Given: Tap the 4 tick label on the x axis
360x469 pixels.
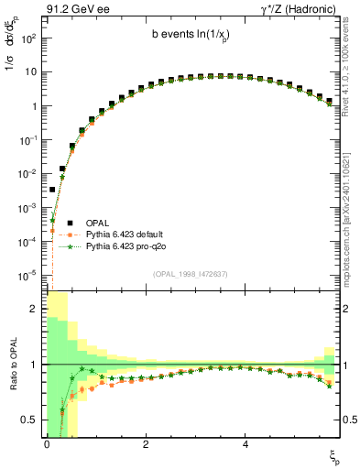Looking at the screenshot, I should tap(245, 443).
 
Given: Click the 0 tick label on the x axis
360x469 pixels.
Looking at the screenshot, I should tap(46, 443).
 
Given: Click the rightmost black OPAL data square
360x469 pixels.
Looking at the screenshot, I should tap(329, 101).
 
